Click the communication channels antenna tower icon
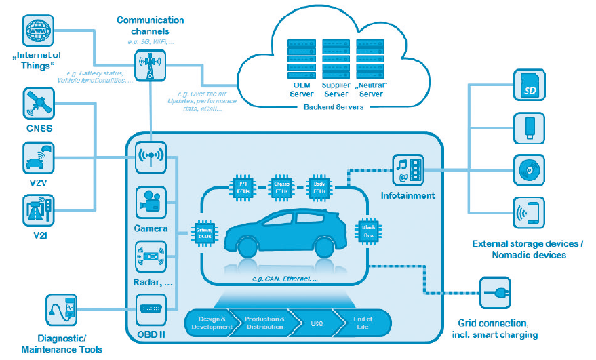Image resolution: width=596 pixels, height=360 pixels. (151, 66)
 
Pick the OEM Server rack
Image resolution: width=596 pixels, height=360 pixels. (302, 58)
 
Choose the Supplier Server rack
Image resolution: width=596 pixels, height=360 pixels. (336, 58)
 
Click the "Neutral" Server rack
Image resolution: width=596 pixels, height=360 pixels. (370, 58)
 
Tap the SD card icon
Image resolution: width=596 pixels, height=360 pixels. (529, 82)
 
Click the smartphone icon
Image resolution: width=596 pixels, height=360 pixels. (529, 213)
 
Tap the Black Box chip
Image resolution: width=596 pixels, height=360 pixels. (369, 231)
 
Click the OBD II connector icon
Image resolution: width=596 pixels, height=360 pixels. (151, 311)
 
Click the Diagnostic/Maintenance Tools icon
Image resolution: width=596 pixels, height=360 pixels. (62, 311)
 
